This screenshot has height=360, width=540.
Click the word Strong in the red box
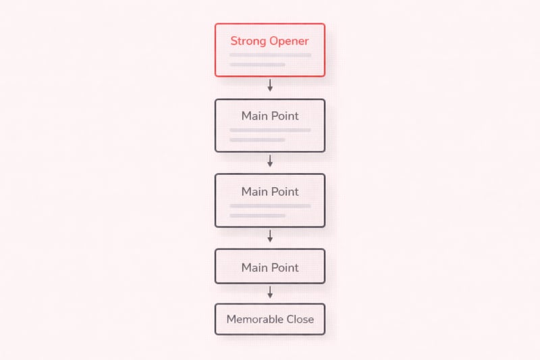click(x=248, y=41)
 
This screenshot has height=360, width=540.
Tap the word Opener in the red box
click(x=289, y=41)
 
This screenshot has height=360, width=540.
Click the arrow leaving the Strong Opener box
click(x=270, y=85)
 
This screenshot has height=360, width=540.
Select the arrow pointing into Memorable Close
click(x=270, y=292)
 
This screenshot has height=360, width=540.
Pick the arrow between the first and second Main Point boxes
click(x=270, y=161)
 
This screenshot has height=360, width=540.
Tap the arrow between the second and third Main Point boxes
click(x=270, y=236)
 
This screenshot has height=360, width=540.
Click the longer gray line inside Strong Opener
click(x=271, y=55)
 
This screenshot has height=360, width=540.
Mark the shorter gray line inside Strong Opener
click(x=258, y=65)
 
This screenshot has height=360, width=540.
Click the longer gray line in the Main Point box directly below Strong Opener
click(x=271, y=130)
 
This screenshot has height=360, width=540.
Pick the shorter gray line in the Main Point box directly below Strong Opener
click(x=258, y=140)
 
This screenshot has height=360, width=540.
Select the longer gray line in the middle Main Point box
click(x=271, y=206)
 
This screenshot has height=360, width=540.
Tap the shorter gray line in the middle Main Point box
click(x=258, y=215)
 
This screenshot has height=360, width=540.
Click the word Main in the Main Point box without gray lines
click(x=253, y=267)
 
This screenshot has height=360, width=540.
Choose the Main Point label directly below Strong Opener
click(x=270, y=116)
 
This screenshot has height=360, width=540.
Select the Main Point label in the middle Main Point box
click(x=270, y=192)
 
